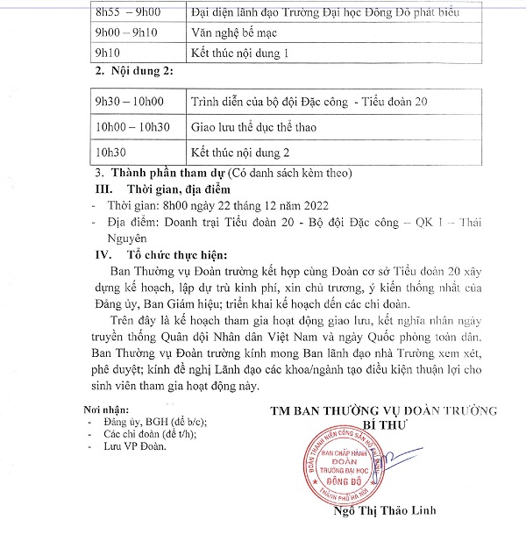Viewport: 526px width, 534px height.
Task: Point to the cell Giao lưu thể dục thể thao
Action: pyautogui.click(x=253, y=127)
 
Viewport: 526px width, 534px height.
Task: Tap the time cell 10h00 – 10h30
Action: pyautogui.click(x=133, y=127)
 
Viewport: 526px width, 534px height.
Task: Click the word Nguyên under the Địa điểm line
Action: pyautogui.click(x=126, y=238)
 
